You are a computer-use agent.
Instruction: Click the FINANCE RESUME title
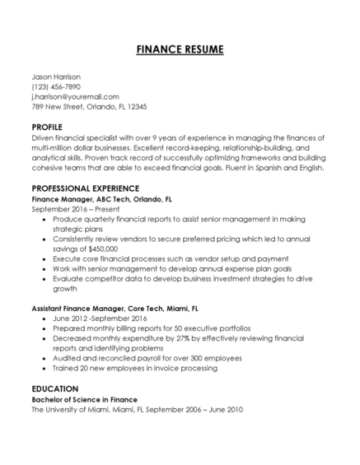click(x=180, y=49)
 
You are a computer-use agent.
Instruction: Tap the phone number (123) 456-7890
click(x=56, y=86)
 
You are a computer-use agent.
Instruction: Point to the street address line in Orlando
click(x=89, y=106)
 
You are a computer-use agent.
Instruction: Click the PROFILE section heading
click(x=47, y=127)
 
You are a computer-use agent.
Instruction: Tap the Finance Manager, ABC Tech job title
click(x=101, y=199)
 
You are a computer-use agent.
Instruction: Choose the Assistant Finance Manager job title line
click(x=115, y=308)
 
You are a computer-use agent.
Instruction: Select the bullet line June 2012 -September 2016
click(x=99, y=318)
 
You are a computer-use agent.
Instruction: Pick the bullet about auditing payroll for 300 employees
click(x=147, y=358)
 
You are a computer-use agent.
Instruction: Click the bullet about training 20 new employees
click(x=146, y=368)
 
